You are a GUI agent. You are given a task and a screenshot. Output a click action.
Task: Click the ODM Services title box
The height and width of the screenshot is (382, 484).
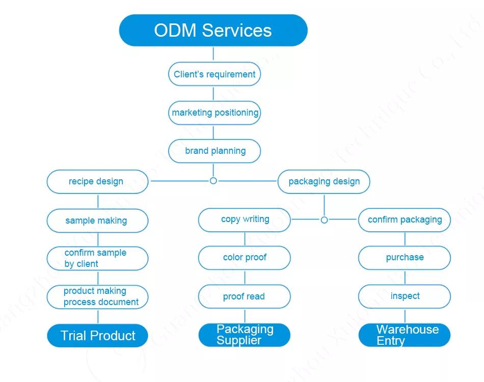tap(213, 30)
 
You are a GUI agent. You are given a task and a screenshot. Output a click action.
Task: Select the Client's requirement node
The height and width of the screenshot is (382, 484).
tap(214, 74)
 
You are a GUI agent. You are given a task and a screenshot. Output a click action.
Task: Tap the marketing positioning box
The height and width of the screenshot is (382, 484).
tap(214, 113)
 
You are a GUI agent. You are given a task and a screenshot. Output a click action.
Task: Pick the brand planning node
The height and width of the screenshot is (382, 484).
tap(214, 151)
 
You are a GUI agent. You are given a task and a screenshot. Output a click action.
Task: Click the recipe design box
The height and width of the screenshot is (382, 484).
tap(97, 181)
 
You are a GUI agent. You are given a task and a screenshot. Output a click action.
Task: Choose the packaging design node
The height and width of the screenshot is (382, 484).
tap(324, 181)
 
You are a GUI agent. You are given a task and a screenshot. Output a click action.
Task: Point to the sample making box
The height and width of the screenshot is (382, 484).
tap(97, 221)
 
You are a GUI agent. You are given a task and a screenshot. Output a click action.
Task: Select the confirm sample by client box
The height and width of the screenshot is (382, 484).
tap(97, 258)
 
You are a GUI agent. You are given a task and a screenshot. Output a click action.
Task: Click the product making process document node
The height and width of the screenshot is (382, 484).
tap(97, 296)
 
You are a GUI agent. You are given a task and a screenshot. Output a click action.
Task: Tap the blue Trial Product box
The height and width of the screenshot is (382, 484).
tap(97, 336)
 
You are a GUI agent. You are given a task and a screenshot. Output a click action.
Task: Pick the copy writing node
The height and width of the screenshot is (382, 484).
tap(244, 220)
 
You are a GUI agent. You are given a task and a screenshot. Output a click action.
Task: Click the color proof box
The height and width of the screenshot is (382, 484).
tap(244, 258)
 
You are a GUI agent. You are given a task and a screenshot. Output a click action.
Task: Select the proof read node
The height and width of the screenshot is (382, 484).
tap(244, 296)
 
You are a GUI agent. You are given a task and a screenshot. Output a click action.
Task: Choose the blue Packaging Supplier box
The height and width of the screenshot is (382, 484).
tap(244, 335)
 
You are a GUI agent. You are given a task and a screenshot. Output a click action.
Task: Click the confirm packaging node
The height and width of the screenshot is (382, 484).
tap(405, 220)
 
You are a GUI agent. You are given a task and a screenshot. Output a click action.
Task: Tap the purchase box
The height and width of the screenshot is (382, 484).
tap(405, 258)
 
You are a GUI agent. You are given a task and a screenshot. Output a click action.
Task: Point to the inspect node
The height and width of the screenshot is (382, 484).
tap(405, 296)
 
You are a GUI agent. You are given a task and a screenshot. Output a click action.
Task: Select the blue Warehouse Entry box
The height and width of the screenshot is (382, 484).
tap(405, 335)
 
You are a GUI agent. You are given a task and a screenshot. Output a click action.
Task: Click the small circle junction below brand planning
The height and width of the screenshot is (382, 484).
tap(213, 181)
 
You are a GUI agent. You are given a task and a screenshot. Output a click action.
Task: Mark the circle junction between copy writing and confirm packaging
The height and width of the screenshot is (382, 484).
tap(324, 220)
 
